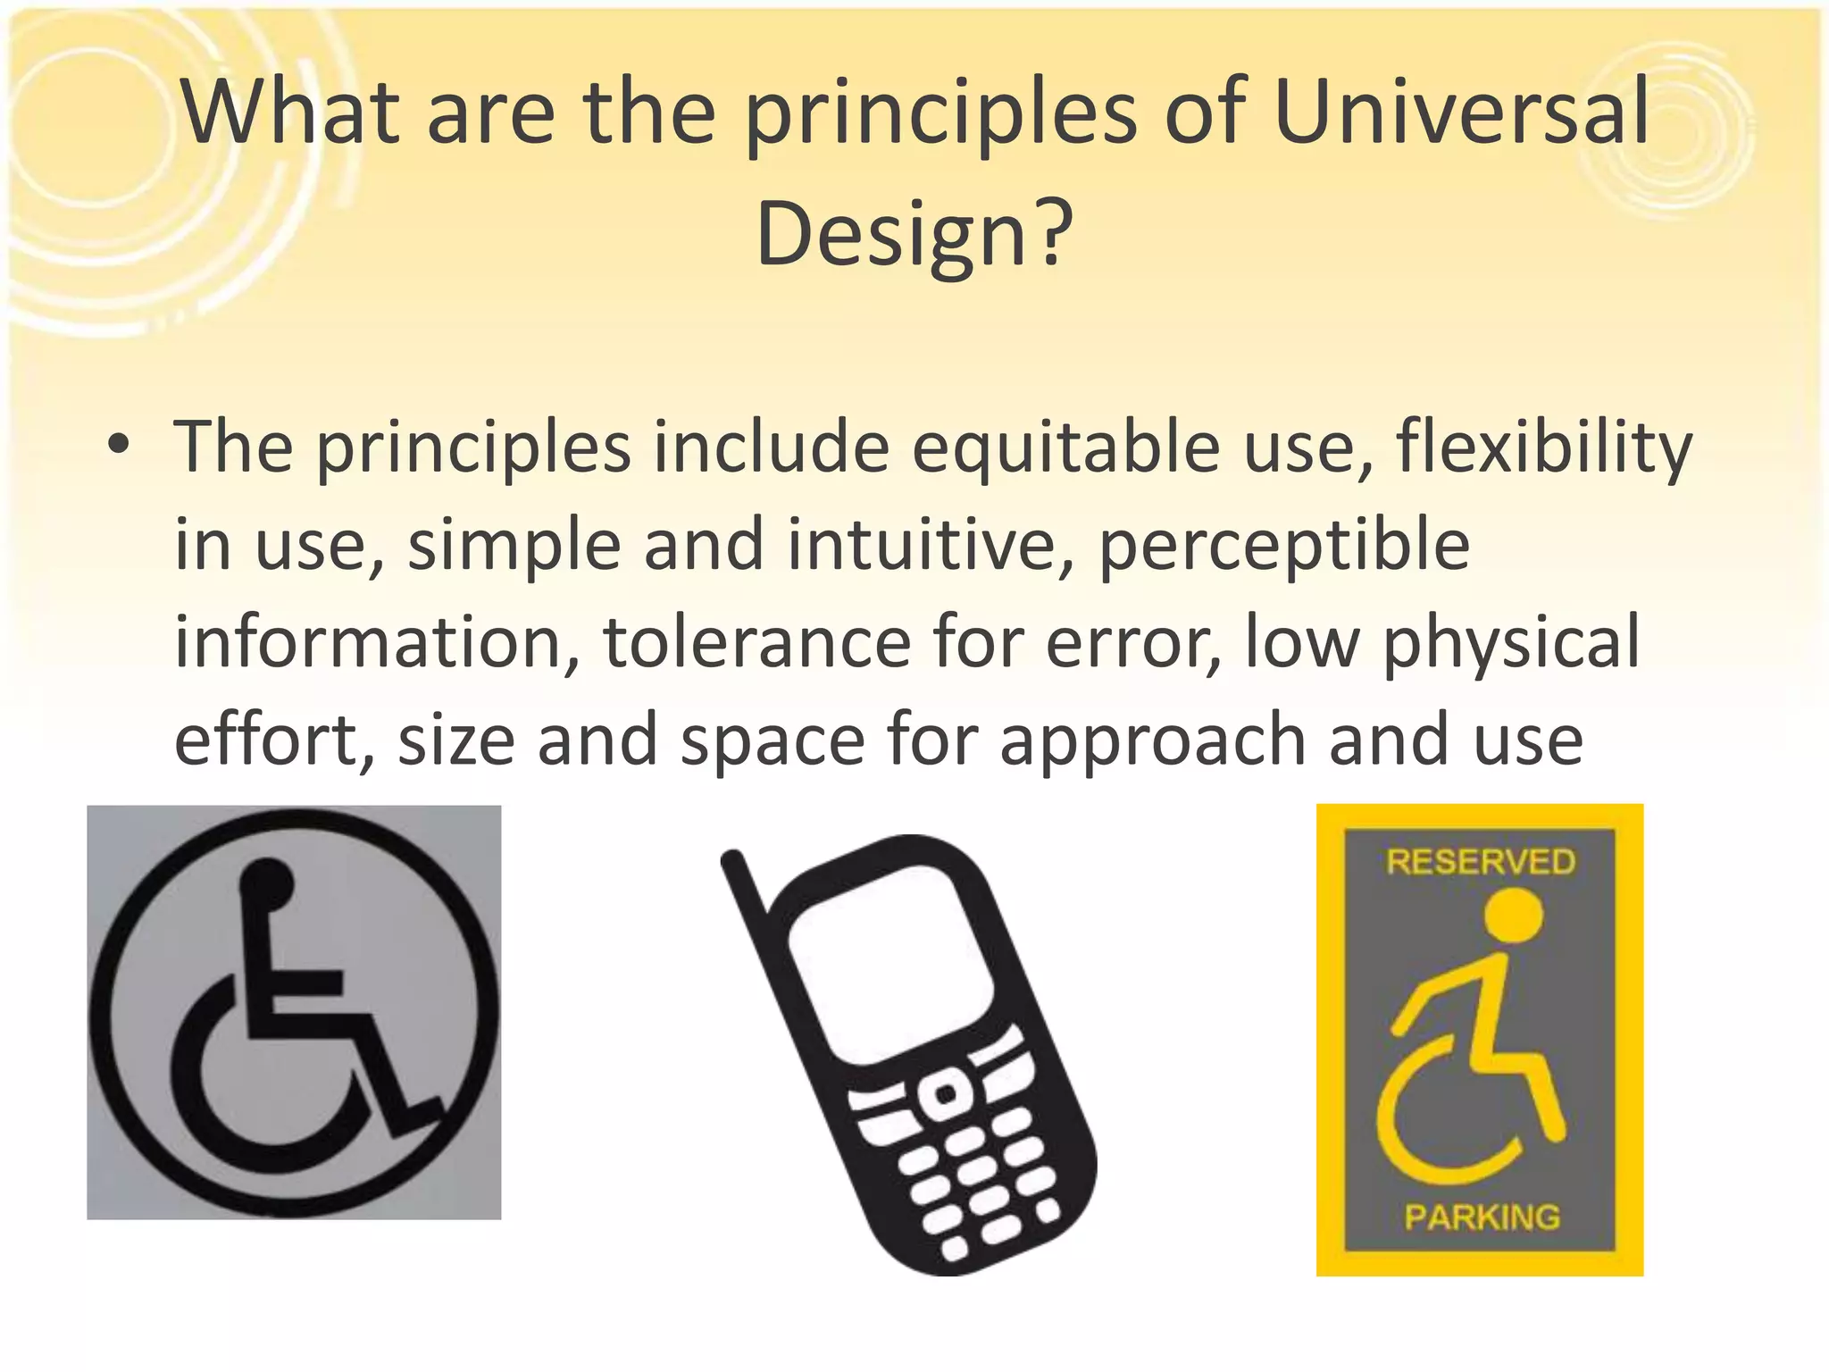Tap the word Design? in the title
pyautogui.click(x=913, y=234)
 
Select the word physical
pyautogui.click(x=1511, y=643)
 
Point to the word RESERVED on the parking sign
pyautogui.click(x=1480, y=862)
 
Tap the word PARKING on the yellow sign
pyautogui.click(x=1482, y=1217)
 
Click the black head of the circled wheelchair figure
pyautogui.click(x=266, y=883)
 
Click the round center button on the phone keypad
pyautogui.click(x=944, y=1094)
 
